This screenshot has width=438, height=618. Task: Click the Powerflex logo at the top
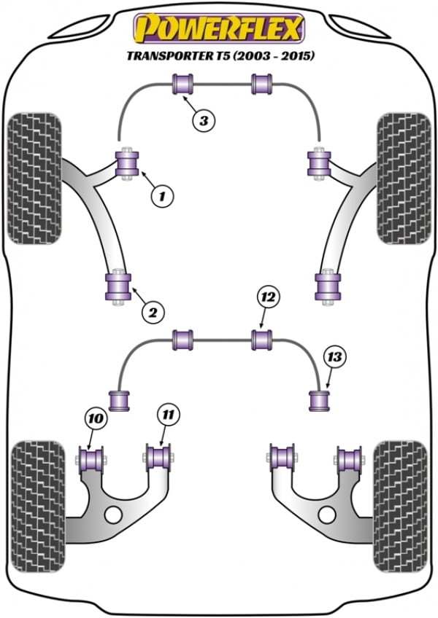pyautogui.click(x=218, y=28)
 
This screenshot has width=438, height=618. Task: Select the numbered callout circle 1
pyautogui.click(x=163, y=195)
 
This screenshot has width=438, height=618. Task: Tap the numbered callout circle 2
pyautogui.click(x=153, y=313)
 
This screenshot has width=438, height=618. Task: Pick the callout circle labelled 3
pyautogui.click(x=205, y=122)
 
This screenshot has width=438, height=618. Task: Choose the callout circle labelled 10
pyautogui.click(x=96, y=418)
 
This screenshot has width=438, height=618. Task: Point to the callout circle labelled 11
pyautogui.click(x=168, y=415)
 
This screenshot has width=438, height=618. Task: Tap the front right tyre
pyautogui.click(x=402, y=179)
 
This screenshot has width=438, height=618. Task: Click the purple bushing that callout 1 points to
pyautogui.click(x=128, y=164)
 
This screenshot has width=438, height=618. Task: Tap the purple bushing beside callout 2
pyautogui.click(x=117, y=286)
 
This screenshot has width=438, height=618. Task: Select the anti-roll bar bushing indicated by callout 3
pyautogui.click(x=181, y=85)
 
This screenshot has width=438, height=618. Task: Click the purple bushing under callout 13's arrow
pyautogui.click(x=319, y=400)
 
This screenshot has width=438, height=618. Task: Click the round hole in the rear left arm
pyautogui.click(x=112, y=515)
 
